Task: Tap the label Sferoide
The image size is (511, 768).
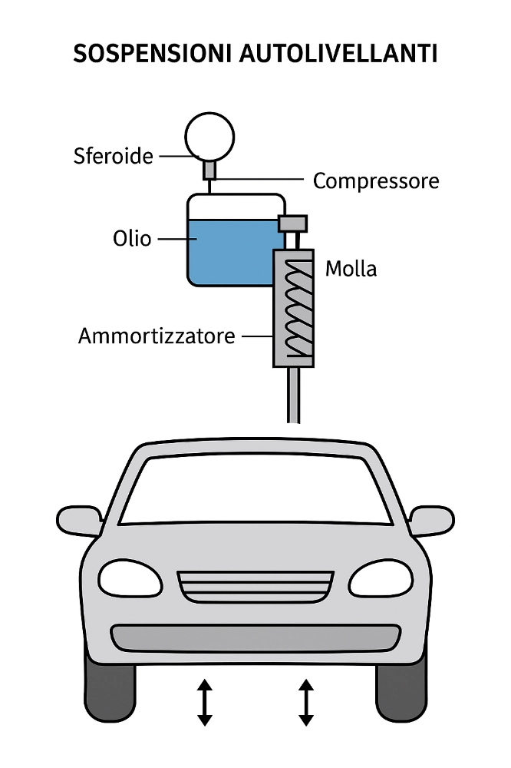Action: pos(113,156)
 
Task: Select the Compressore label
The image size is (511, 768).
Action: pos(376,181)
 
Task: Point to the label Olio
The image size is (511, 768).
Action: pos(133,238)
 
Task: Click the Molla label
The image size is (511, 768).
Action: pos(351,270)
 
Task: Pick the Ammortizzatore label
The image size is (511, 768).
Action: pos(157,336)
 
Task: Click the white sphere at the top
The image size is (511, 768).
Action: pos(209,137)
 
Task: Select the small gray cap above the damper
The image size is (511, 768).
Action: pos(292,223)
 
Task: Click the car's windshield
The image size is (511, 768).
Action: pos(255,489)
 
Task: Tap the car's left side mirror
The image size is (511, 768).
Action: pos(80,521)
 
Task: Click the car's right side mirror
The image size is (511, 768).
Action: pos(431,520)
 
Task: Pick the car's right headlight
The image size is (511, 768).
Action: pos(381,578)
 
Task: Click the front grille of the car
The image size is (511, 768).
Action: pos(255,587)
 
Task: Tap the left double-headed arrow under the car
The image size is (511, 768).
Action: pos(204,702)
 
